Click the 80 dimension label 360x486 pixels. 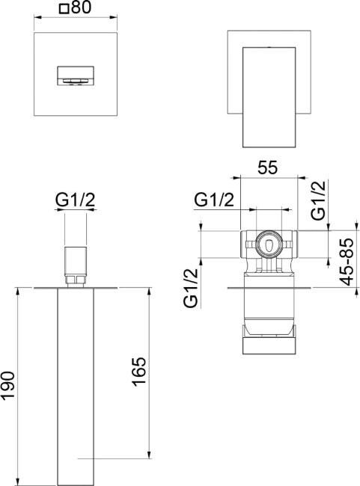tap(82, 7)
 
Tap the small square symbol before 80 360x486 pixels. tap(64, 9)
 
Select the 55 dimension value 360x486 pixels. tap(267, 168)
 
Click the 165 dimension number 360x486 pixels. tap(139, 372)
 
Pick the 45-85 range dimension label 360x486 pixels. tap(347, 262)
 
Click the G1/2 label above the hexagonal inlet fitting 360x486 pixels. tap(75, 200)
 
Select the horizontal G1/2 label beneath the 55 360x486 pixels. tap(214, 200)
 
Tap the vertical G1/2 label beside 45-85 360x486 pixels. tap(319, 200)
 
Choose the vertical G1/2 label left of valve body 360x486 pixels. tap(191, 288)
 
